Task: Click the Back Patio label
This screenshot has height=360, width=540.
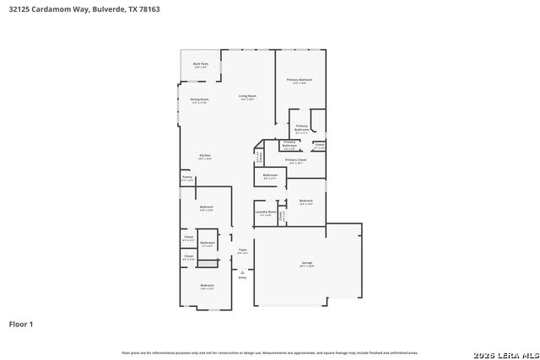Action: [x=200, y=65]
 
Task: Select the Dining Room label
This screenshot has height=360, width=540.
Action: [x=199, y=100]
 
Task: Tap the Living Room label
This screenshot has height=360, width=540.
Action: [x=247, y=97]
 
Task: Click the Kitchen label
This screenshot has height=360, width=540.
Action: [x=205, y=156]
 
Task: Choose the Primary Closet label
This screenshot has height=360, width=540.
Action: [x=295, y=160]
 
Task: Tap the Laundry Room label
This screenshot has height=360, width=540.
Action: [x=266, y=212]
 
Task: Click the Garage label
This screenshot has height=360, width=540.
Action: [x=307, y=264]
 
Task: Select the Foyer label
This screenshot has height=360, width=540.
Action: [x=242, y=250]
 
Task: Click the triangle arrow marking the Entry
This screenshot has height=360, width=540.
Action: [x=242, y=271]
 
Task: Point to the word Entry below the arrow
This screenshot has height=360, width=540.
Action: [x=242, y=277]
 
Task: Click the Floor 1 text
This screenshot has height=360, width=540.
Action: [x=21, y=324]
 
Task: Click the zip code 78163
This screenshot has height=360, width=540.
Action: [x=148, y=9]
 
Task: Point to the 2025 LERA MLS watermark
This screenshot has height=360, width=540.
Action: [x=504, y=352]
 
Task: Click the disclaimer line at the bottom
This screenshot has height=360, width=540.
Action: [x=270, y=352]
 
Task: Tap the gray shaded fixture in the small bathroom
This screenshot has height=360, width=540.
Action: [x=208, y=264]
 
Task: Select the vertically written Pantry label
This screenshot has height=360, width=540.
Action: [x=259, y=157]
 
